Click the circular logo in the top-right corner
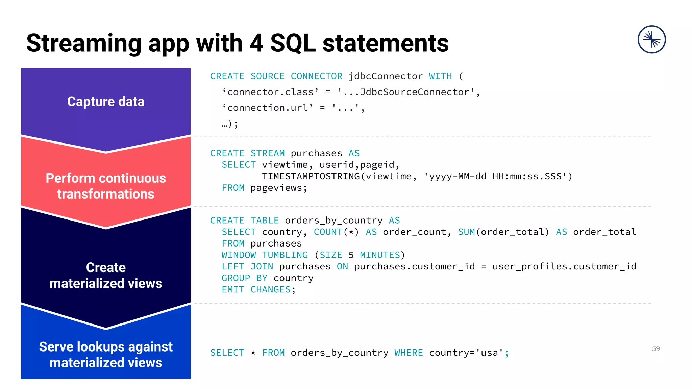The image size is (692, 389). [x=651, y=40]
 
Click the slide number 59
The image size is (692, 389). [x=656, y=348]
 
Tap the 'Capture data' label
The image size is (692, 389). [x=106, y=102]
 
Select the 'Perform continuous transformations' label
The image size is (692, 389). [x=106, y=186]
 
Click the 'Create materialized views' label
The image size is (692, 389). [x=106, y=275]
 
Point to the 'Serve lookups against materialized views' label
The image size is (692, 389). [x=106, y=355]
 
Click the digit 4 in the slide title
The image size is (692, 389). [x=256, y=43]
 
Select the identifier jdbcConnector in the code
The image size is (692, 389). [x=386, y=76]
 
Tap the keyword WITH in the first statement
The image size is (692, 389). [x=440, y=76]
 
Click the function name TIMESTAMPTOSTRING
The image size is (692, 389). [x=311, y=176]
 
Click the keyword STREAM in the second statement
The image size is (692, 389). [x=268, y=153]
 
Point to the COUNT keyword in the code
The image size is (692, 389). [x=328, y=232]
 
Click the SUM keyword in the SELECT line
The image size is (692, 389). [x=466, y=232]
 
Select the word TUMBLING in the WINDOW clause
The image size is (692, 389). [x=285, y=255]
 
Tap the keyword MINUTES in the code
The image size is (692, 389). [x=380, y=255]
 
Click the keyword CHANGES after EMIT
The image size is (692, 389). [x=270, y=290]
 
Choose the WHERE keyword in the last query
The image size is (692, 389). [x=409, y=353]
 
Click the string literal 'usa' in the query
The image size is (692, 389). [x=489, y=353]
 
